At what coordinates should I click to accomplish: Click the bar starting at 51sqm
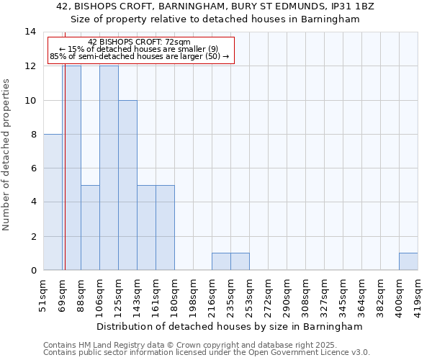pos(53,202)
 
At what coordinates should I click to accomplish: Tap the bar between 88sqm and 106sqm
pos(90,228)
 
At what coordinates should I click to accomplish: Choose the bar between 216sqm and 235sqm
pos(221,262)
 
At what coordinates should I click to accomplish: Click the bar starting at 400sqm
pos(408,262)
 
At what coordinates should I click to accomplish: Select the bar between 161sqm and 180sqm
pos(165,228)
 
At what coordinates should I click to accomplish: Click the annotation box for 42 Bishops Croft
pos(140,50)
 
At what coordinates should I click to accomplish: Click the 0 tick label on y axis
pos(33,271)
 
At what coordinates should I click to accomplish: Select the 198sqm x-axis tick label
pos(193,295)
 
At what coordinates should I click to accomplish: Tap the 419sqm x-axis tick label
pos(418,295)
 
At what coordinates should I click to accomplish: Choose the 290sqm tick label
pos(287,295)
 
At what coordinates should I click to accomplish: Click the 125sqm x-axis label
pos(118,295)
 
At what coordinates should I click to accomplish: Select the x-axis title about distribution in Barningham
pos(230,326)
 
